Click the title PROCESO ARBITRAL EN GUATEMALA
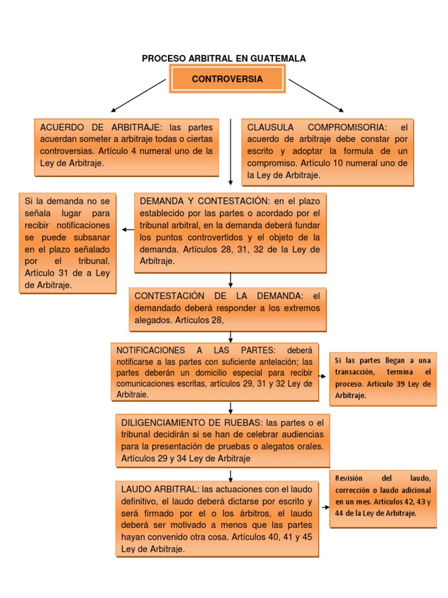click(x=224, y=58)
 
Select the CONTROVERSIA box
click(x=228, y=79)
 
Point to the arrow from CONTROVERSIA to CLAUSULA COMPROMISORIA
click(x=316, y=95)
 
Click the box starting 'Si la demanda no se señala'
click(x=68, y=242)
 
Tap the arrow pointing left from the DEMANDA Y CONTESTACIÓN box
click(x=128, y=230)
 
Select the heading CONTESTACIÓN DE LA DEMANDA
click(x=219, y=295)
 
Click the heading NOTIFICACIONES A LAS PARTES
click(x=192, y=350)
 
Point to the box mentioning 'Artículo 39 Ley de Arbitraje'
click(x=383, y=378)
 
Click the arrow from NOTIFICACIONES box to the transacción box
click(x=324, y=376)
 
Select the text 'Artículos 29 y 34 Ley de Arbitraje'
click(x=185, y=458)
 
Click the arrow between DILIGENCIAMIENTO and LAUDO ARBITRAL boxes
click(x=231, y=476)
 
